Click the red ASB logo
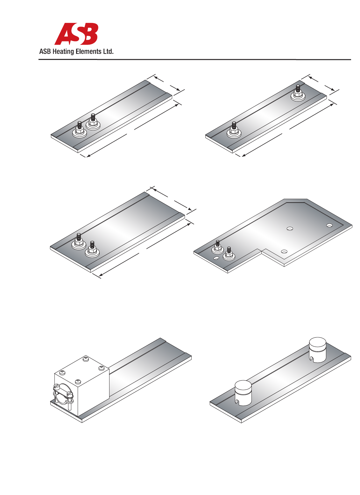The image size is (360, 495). click(76, 34)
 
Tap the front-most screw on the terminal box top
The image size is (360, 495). click(78, 381)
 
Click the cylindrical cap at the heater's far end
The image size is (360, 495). click(318, 350)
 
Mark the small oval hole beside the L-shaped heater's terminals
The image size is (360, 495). click(216, 258)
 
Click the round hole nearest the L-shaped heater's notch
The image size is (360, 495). click(284, 251)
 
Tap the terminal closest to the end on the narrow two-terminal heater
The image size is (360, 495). click(80, 130)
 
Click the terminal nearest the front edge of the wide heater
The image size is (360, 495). click(92, 249)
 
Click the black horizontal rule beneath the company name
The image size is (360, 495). click(194, 60)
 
